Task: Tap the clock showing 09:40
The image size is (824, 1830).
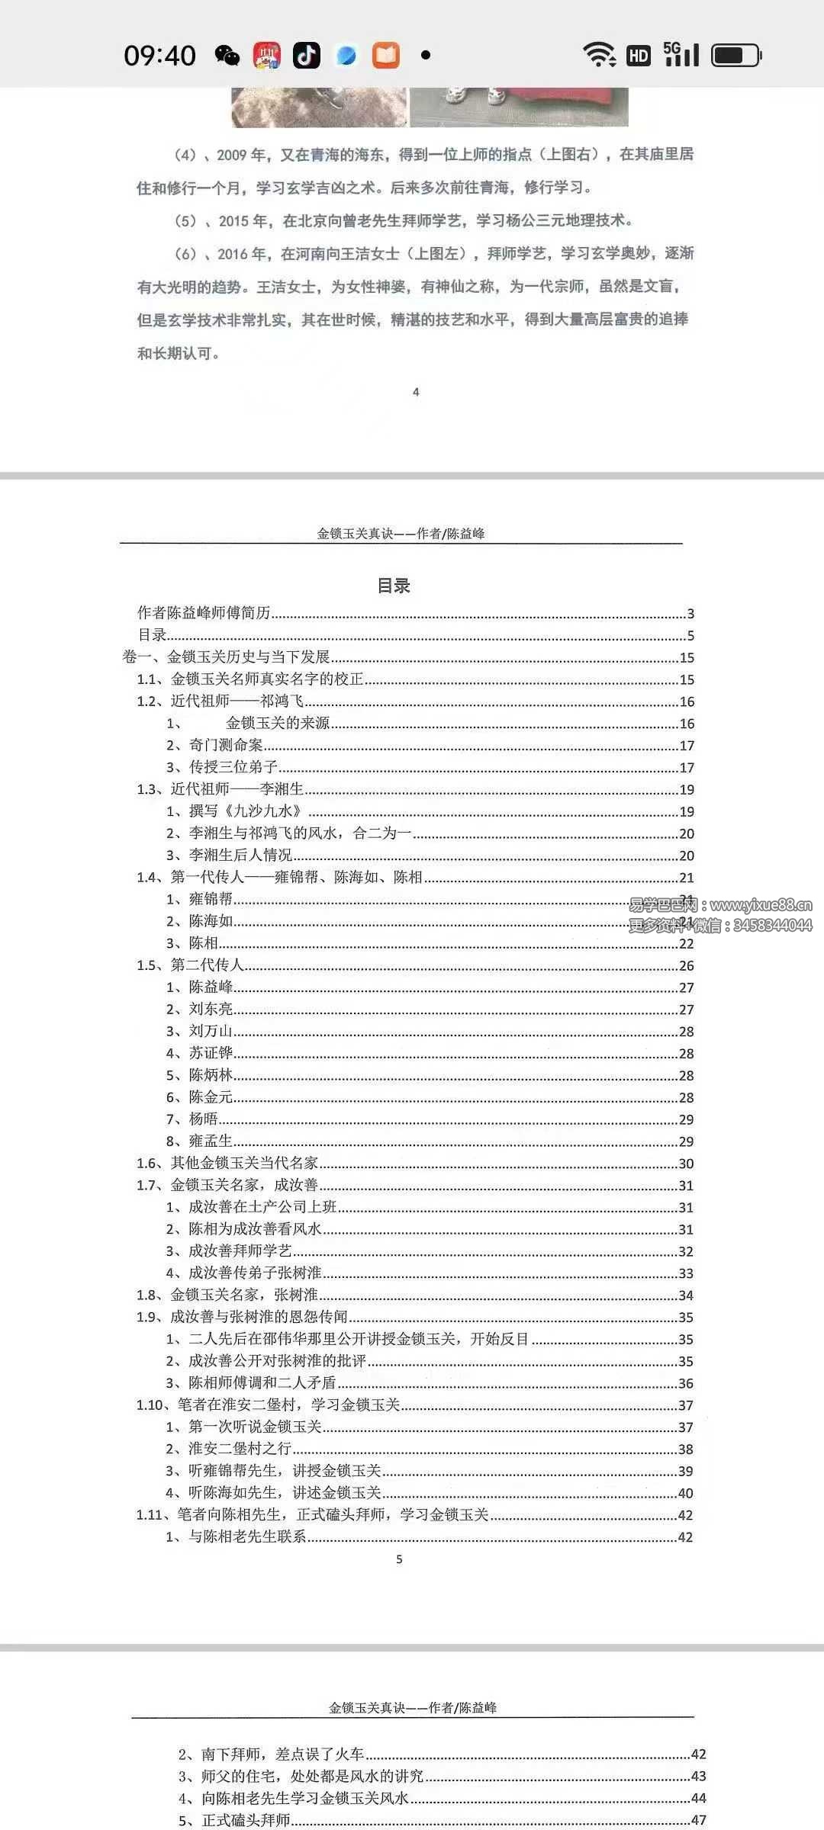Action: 159,56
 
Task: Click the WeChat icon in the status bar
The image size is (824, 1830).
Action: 227,56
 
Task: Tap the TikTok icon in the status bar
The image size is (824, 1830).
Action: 307,56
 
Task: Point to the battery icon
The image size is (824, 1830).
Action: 736,56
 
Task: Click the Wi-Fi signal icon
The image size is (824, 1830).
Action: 600,55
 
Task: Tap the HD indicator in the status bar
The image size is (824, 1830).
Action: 639,56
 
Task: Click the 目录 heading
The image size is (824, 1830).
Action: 394,586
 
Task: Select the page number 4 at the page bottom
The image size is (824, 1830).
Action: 416,392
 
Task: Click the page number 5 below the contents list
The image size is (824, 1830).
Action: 399,1559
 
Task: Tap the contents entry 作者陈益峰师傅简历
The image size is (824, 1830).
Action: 204,613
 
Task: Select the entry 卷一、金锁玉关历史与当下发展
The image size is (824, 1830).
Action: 226,657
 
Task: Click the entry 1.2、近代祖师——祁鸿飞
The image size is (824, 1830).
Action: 220,701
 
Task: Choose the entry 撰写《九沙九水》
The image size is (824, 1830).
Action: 244,811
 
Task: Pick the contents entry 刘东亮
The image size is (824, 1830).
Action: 211,1009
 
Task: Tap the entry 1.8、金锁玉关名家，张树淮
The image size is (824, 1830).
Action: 227,1295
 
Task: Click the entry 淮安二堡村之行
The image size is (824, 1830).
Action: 240,1449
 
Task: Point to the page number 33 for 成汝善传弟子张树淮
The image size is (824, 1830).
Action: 686,1273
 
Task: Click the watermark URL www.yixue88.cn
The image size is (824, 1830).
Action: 760,905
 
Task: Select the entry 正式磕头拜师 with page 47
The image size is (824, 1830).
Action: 245,1820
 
